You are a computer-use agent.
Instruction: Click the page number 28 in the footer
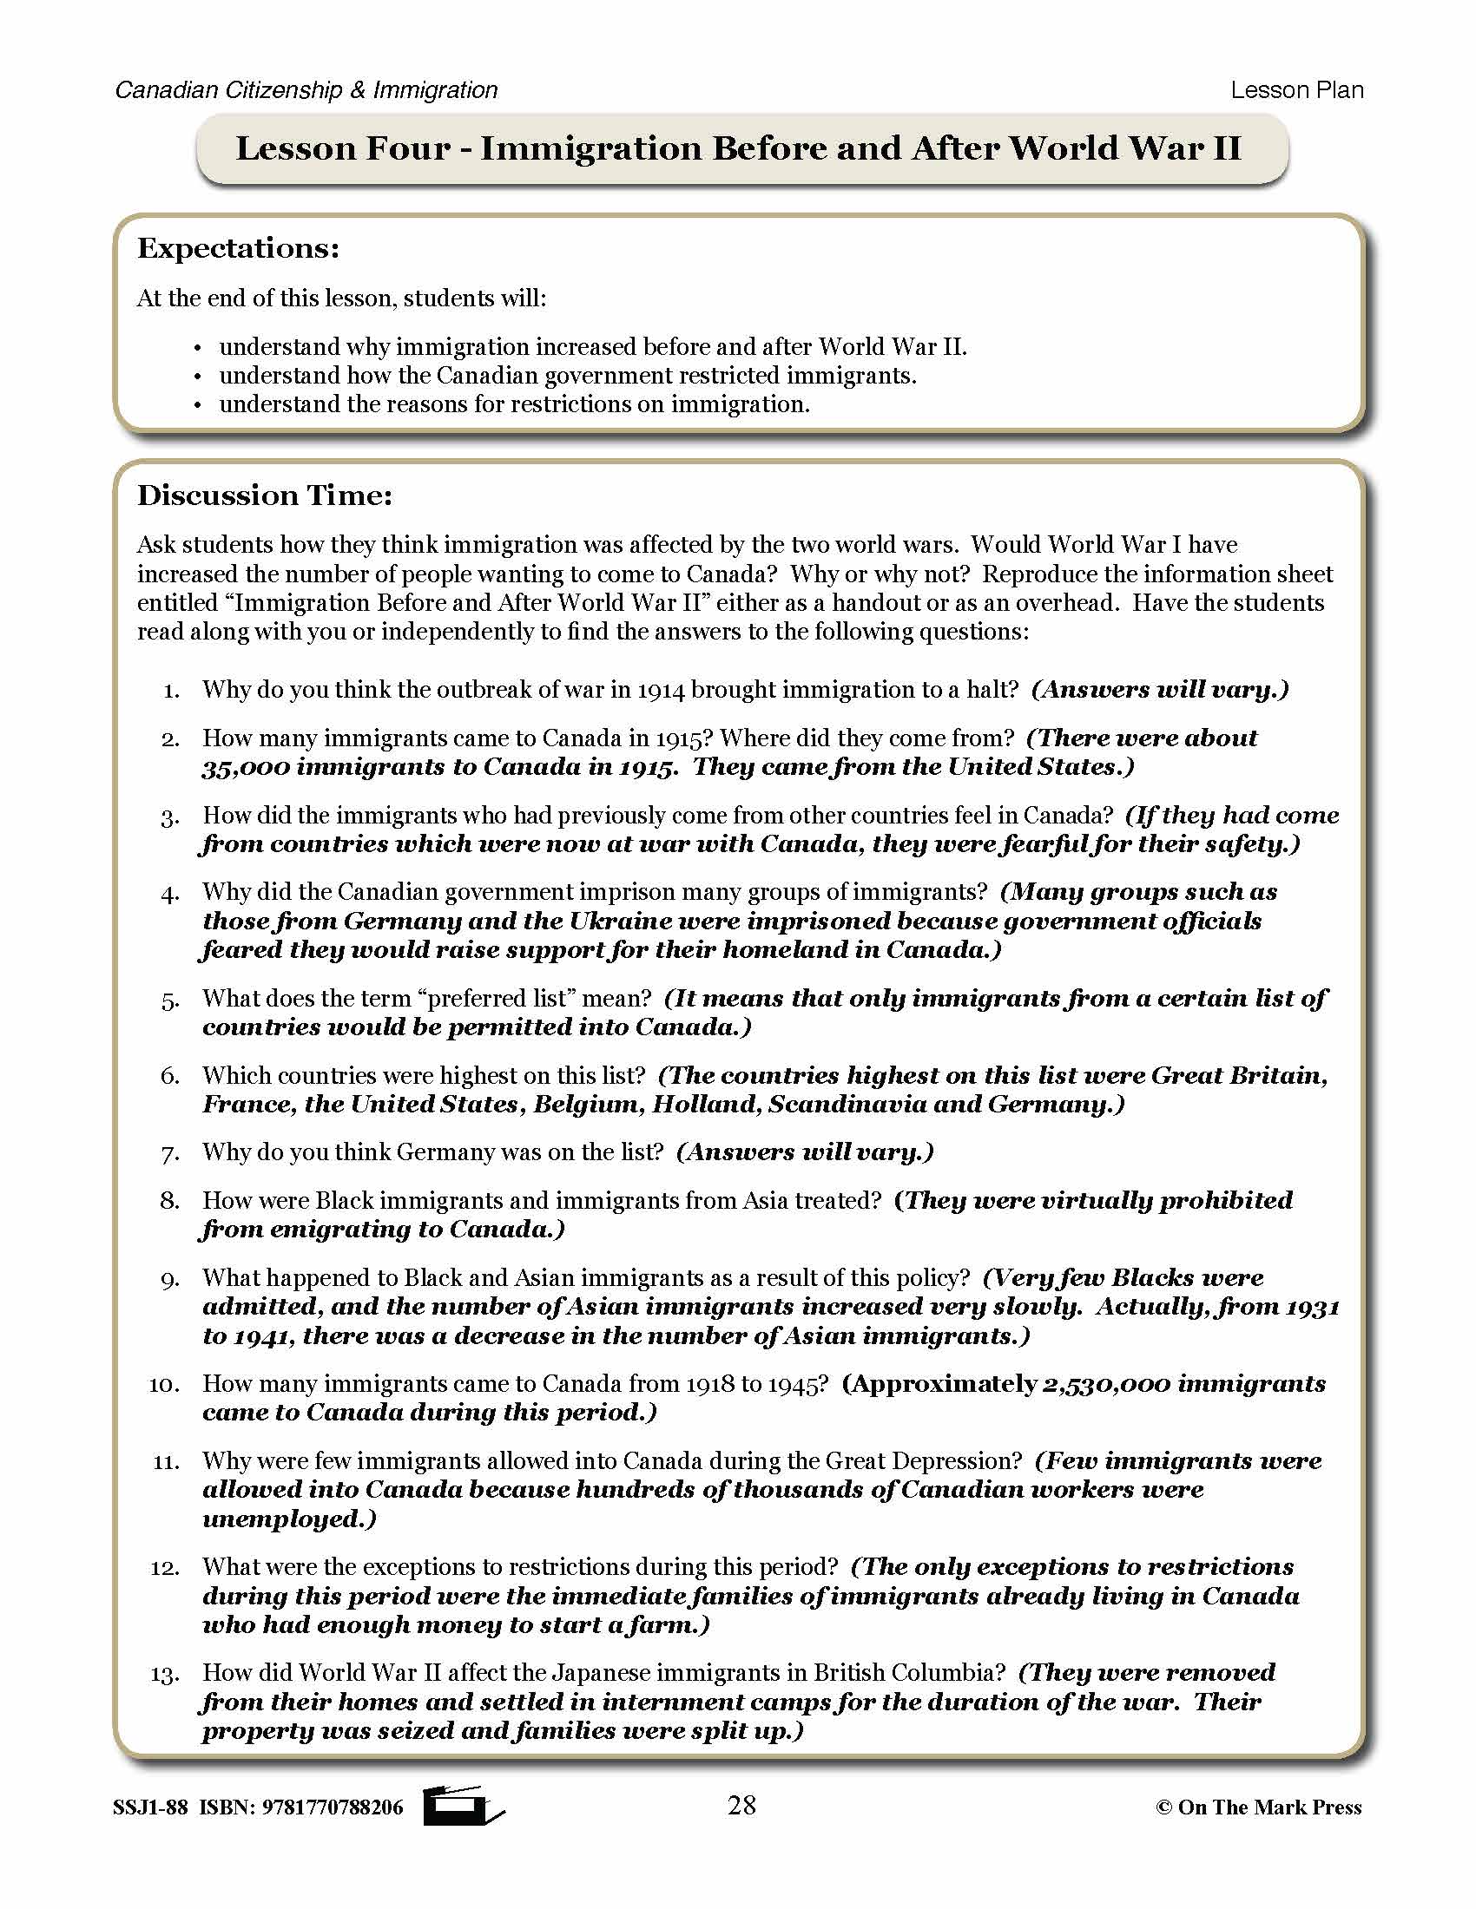pyautogui.click(x=741, y=1805)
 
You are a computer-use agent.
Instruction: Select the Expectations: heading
pyautogui.click(x=238, y=248)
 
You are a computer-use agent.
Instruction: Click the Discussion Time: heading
pyautogui.click(x=265, y=495)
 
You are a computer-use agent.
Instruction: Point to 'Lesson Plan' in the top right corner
pyautogui.click(x=1296, y=90)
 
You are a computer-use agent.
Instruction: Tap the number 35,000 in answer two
pyautogui.click(x=245, y=767)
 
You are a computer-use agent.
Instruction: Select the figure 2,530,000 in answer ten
pyautogui.click(x=1105, y=1385)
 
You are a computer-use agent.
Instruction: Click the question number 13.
pyautogui.click(x=164, y=1675)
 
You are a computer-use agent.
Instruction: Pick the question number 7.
pyautogui.click(x=169, y=1154)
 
